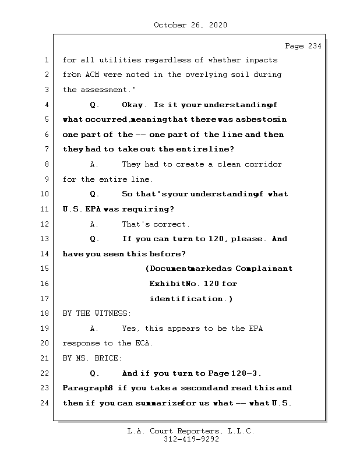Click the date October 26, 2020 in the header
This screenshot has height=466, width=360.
pos(190,25)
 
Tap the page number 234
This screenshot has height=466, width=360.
pos(313,46)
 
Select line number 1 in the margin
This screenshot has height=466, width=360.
pos(46,60)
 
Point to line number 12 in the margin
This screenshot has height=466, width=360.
pos(44,224)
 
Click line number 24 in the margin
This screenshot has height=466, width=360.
pos(44,403)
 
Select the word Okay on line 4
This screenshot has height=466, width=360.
pos(133,105)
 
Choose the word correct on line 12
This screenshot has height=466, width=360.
pos(171,224)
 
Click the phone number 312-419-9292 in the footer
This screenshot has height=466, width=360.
pos(191,440)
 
